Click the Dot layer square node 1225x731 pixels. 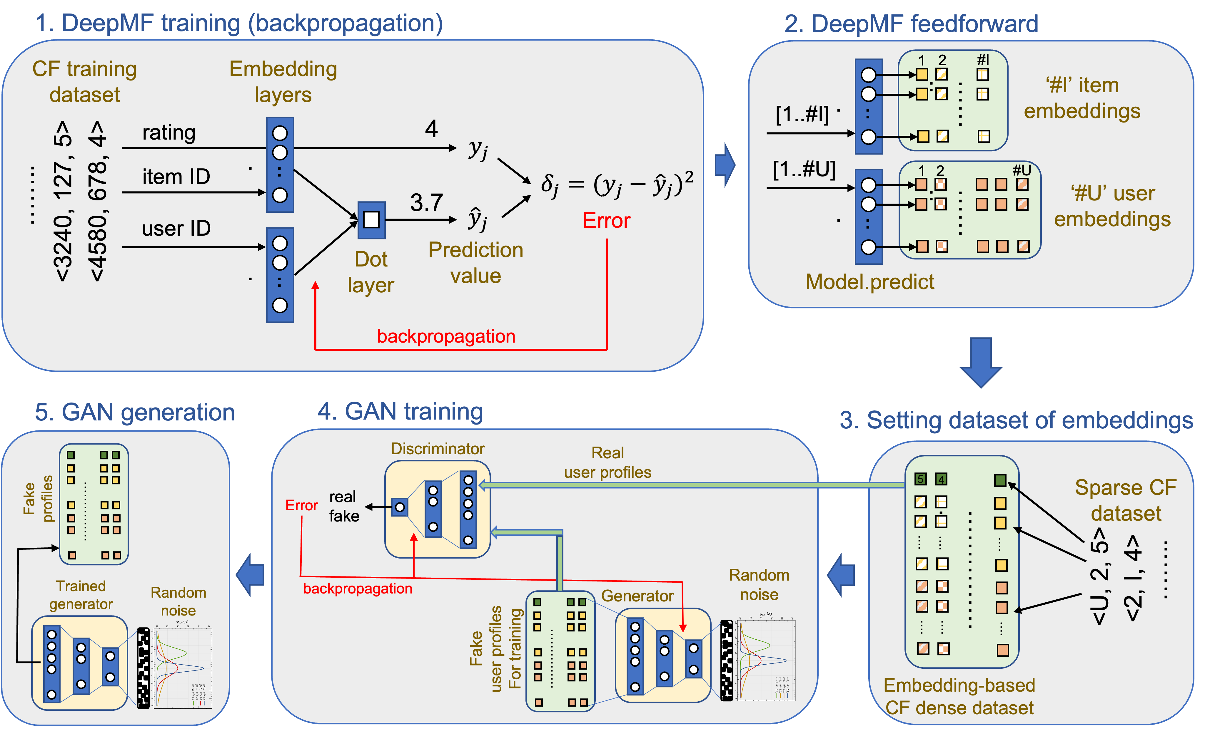point(371,220)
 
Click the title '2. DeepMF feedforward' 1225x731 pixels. point(911,24)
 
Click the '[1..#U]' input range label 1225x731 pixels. point(804,170)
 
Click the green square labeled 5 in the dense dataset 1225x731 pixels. point(920,479)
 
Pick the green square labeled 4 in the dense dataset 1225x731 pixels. point(941,479)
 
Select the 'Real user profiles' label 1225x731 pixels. point(607,462)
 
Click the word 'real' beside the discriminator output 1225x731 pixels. point(342,497)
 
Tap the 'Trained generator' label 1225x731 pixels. point(81,595)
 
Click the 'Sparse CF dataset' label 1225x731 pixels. point(1125,500)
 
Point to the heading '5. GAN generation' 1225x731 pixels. point(135,412)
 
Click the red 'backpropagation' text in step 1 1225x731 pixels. point(446,336)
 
